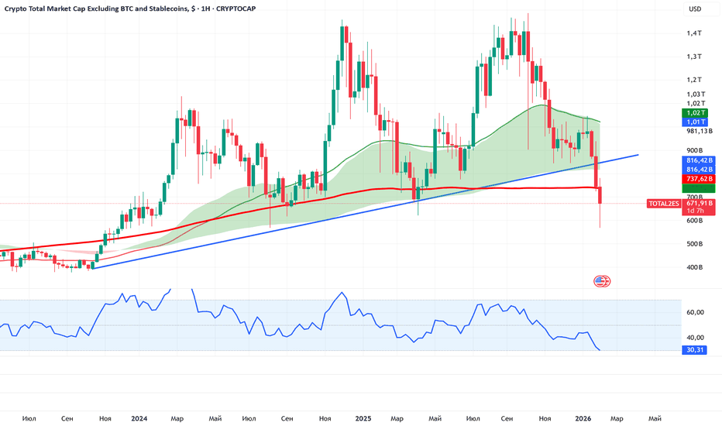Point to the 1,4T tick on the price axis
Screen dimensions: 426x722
click(693, 33)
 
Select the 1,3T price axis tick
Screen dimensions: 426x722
click(693, 57)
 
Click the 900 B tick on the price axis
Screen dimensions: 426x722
click(693, 151)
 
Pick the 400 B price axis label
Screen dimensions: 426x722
click(693, 268)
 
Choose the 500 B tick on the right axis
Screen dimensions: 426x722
click(693, 245)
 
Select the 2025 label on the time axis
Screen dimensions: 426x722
click(363, 418)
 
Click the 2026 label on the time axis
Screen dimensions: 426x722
click(585, 418)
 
